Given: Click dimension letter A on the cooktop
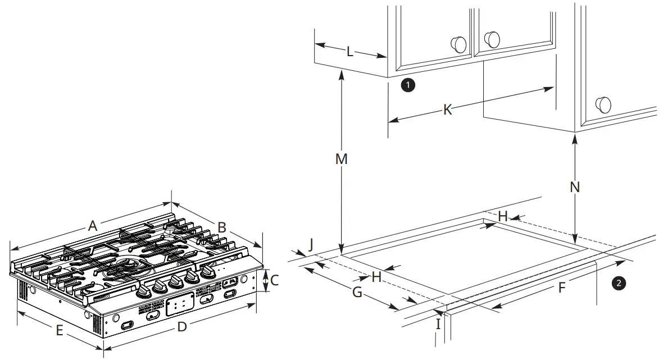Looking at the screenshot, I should tap(93, 226).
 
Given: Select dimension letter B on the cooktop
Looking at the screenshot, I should tap(221, 227).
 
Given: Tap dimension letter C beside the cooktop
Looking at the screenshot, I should tap(274, 279).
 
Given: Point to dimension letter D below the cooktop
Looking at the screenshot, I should tap(181, 326).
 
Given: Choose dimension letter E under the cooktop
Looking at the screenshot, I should tap(59, 331).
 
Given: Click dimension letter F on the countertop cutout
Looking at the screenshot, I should tap(561, 288).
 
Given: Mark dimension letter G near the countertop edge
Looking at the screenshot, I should tap(357, 291).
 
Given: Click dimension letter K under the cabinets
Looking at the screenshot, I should tap(447, 110).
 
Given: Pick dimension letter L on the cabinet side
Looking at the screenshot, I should tap(349, 52).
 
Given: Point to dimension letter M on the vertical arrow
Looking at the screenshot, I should tap(342, 159).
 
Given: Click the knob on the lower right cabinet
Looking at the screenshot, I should tap(603, 104).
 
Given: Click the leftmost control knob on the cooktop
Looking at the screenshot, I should tap(146, 290).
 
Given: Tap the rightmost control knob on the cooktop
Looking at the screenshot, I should tap(208, 272).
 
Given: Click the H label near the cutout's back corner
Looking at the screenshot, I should tap(503, 216).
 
